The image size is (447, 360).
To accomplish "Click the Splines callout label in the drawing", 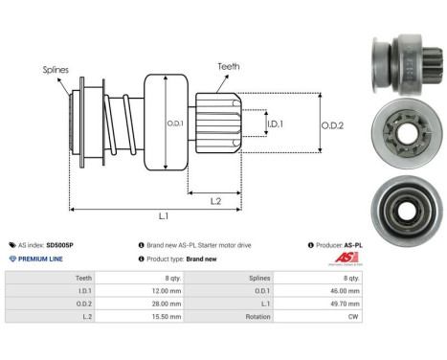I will tap(56, 69).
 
